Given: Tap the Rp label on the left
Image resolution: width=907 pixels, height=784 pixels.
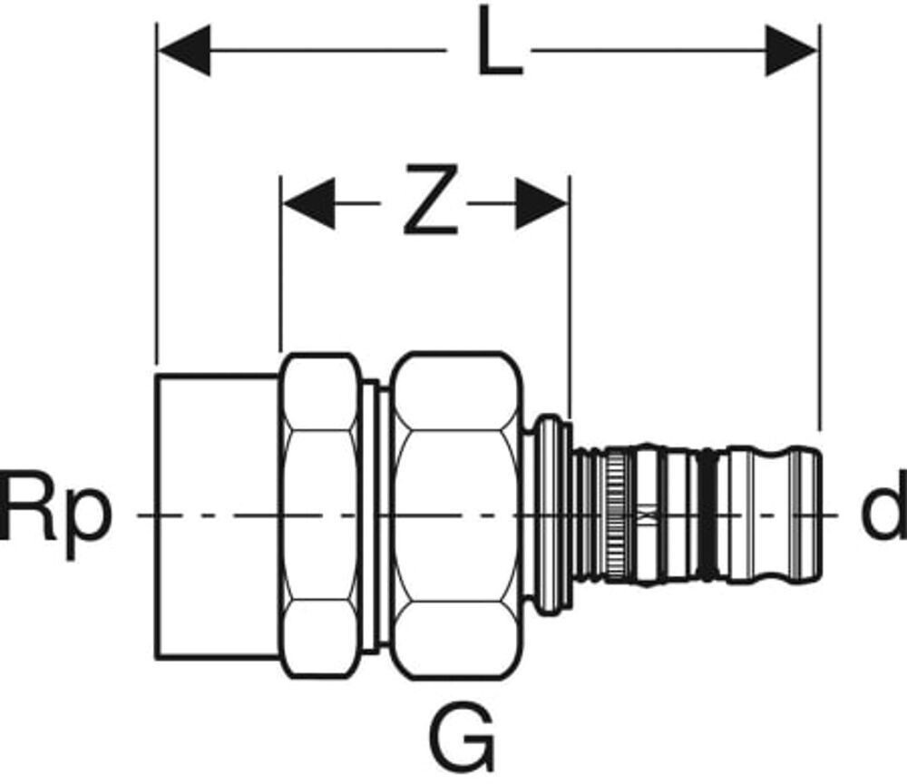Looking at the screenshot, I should point(56,514).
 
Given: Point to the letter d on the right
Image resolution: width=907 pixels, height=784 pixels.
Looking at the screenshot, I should point(882,514).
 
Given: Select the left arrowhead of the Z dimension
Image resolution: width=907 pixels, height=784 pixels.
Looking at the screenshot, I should point(308,202).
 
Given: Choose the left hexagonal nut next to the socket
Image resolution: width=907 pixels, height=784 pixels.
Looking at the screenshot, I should point(318,514).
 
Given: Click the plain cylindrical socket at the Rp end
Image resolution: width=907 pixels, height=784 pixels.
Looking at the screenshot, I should point(217,514).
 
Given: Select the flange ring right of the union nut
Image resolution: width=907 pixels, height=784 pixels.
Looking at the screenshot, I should point(549,514).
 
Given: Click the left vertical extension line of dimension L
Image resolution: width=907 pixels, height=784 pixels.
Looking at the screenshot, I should point(157,227).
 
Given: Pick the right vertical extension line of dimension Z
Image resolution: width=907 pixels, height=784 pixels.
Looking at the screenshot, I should point(570,299).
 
